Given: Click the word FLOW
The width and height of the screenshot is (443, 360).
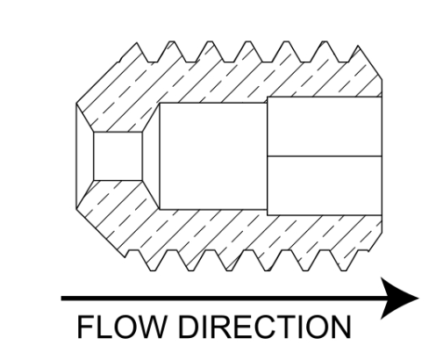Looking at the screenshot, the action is [x=121, y=327].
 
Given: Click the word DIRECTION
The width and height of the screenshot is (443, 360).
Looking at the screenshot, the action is [x=265, y=327].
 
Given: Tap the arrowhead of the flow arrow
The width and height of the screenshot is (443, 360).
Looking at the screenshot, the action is [x=399, y=299].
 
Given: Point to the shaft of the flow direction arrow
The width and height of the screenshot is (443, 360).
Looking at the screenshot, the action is [x=222, y=299].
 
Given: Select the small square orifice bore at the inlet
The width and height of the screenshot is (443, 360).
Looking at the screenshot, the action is [x=118, y=156].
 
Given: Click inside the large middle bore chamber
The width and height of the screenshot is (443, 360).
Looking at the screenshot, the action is [x=213, y=156].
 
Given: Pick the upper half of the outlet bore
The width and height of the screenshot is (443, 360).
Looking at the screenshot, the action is [x=325, y=126].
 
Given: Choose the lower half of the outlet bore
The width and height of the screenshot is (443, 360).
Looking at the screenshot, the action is [x=325, y=186].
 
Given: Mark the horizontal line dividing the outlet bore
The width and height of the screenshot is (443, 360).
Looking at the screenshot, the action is [x=325, y=156].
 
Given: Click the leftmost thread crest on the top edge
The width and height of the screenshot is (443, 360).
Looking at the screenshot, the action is [x=137, y=44].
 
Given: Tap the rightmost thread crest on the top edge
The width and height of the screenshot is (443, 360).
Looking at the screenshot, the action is [x=358, y=47].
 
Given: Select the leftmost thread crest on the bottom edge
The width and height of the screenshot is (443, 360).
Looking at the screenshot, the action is [x=152, y=270].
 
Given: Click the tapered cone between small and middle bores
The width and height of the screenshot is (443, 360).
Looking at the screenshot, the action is [x=151, y=156].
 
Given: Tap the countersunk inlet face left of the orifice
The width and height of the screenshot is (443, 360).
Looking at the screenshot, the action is [x=85, y=156].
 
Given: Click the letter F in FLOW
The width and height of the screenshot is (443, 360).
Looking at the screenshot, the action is [x=85, y=327].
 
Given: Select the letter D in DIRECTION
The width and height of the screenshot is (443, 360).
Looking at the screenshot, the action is [x=189, y=327].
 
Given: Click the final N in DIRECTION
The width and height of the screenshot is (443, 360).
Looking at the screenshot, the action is [x=341, y=327].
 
